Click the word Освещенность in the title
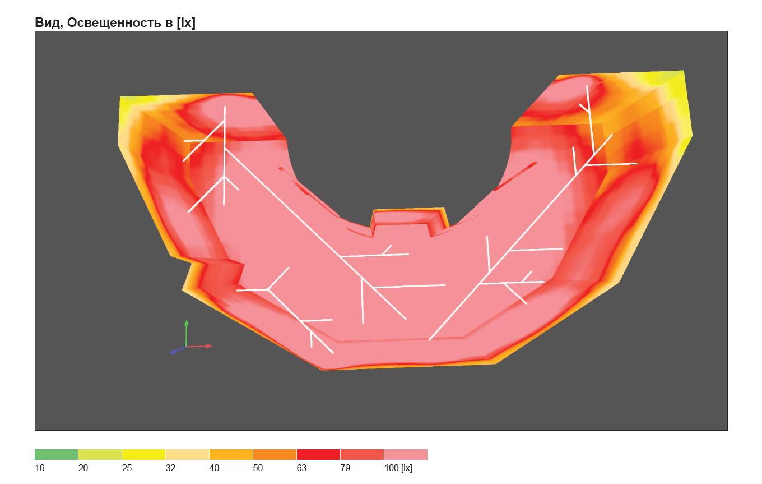coord(120,23)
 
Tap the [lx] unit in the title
coord(186,23)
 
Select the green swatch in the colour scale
coord(56,454)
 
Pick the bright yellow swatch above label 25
coord(143,454)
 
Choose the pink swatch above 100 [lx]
coord(406,454)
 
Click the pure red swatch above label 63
coord(318,454)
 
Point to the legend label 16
coord(39,468)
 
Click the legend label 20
coord(83,468)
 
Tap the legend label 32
coord(170,468)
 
